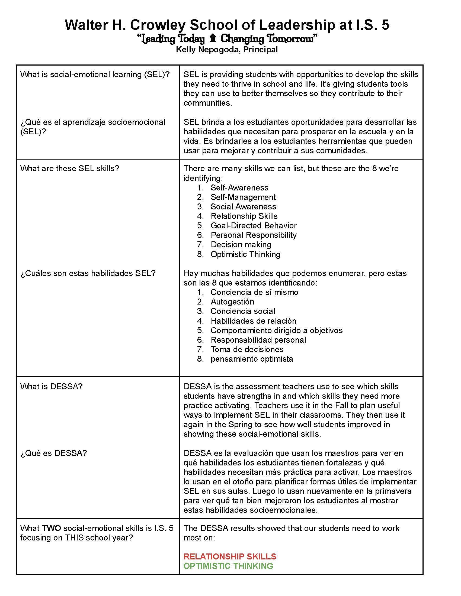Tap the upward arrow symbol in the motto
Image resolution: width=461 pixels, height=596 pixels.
click(x=213, y=38)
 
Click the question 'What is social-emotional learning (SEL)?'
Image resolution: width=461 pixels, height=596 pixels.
click(x=95, y=74)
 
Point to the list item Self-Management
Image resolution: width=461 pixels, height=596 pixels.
click(x=243, y=197)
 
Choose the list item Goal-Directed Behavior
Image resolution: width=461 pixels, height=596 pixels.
click(x=253, y=225)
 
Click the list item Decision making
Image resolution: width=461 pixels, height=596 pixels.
click(x=241, y=245)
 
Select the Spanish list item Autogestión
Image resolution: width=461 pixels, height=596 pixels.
click(x=232, y=302)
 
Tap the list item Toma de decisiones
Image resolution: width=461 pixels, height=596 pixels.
click(x=247, y=349)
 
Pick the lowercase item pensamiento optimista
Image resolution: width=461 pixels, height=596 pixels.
click(x=252, y=359)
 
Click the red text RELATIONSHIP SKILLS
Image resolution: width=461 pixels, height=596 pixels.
click(x=230, y=556)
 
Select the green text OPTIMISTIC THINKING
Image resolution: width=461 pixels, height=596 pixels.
click(x=228, y=566)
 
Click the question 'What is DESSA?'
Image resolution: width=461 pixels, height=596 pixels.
click(x=51, y=386)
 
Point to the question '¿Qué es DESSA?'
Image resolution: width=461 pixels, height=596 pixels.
click(x=53, y=453)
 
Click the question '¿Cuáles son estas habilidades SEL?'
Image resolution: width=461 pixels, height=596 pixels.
click(x=88, y=273)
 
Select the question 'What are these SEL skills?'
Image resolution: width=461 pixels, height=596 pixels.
click(x=70, y=169)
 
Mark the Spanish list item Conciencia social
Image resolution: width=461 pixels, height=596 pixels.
click(x=242, y=311)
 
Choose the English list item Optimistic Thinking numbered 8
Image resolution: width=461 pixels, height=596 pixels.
click(x=245, y=254)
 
